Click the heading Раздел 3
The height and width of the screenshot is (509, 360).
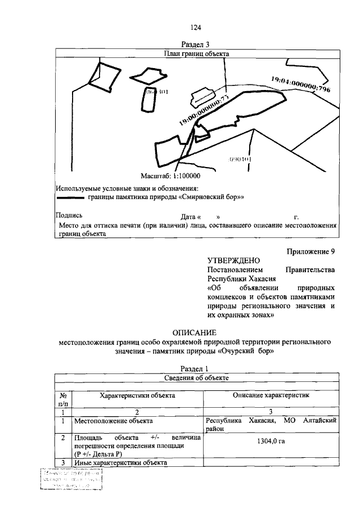[x=196, y=44]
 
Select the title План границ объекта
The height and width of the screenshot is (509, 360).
[x=196, y=54]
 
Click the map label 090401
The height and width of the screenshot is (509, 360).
[x=240, y=159]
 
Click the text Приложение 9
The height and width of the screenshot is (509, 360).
[x=310, y=251]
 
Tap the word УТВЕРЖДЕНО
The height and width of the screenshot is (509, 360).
[x=233, y=260]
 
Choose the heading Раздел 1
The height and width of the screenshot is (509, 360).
[x=196, y=368]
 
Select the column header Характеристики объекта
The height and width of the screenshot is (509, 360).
[x=137, y=395]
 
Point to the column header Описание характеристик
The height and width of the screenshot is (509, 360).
[x=271, y=395]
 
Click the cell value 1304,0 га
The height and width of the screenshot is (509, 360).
[x=271, y=441]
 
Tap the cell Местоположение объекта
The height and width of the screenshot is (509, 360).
[x=111, y=420]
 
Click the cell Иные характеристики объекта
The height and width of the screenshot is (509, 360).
[x=120, y=462]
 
